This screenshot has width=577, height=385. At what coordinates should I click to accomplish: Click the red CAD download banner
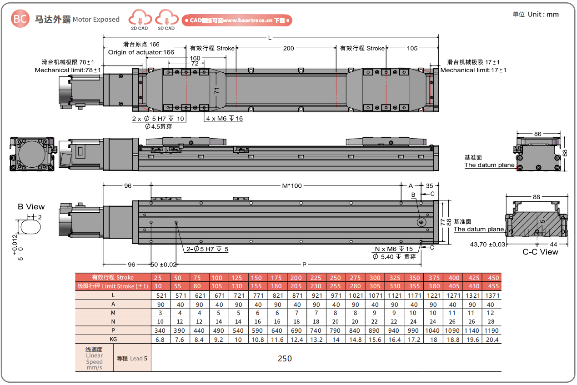pos(237,20)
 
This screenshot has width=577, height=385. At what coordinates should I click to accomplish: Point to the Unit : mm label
pos(536,15)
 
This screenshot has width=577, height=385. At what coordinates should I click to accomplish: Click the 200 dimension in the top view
pos(288,48)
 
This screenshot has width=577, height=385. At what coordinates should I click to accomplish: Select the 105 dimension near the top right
pos(412,48)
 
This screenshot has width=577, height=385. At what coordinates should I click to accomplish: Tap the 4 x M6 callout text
pos(224,119)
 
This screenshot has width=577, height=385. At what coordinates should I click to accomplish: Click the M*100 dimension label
pos(292,185)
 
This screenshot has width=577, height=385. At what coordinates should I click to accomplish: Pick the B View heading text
pos(31,207)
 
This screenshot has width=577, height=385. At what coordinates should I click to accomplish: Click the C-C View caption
pos(540,252)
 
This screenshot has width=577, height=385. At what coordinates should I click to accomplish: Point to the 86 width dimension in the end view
pos(537,134)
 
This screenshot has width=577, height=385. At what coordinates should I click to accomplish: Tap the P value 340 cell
pos(160,330)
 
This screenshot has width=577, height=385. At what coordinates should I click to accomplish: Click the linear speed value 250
pos(285,359)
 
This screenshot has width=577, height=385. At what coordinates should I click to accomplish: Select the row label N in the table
pos(113,322)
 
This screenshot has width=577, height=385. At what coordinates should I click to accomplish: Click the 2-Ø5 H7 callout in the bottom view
pos(207,249)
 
